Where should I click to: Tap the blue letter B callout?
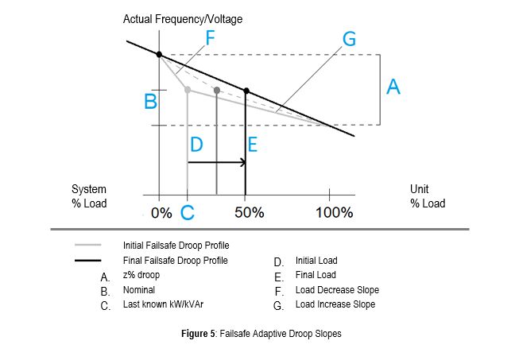[x=150, y=102]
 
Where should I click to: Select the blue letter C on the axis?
[x=188, y=212]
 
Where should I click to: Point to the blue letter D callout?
[x=197, y=145]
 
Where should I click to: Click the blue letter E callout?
[x=253, y=145]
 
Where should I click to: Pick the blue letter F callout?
[x=210, y=37]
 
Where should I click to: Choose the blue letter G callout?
[x=348, y=38]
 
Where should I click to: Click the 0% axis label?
[x=161, y=213]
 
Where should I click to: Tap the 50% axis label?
[x=249, y=213]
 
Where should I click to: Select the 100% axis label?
[x=334, y=213]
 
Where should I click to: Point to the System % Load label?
[x=89, y=196]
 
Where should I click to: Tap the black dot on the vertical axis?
[x=159, y=55]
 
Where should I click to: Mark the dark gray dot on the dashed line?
[x=217, y=91]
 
